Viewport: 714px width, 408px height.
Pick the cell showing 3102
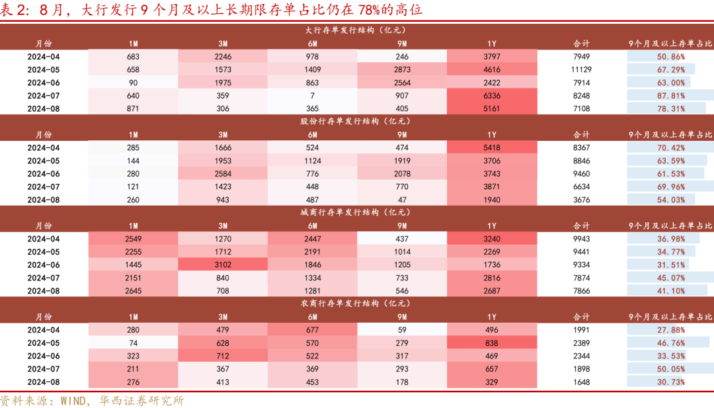point(223,265)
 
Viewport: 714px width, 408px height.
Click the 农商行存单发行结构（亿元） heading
point(356,303)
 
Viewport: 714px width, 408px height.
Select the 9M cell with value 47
point(403,199)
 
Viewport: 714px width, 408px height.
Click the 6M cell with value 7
point(313,95)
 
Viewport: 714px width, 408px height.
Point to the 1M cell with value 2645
point(133,290)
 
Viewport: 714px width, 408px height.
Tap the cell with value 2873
point(403,69)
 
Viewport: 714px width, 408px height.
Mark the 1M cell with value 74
point(133,343)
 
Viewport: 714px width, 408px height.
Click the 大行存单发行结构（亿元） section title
point(356,30)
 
